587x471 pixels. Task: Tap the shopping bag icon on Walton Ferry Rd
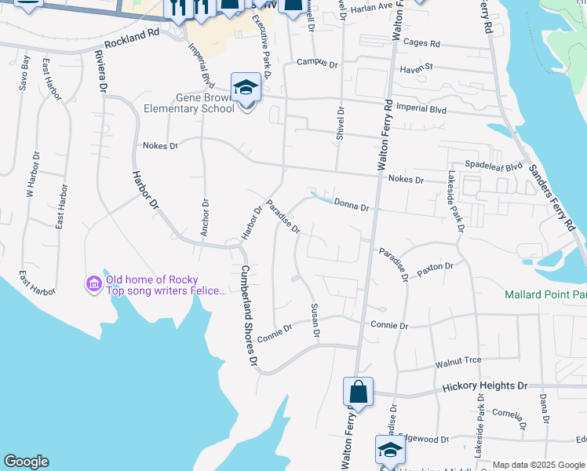click(357, 392)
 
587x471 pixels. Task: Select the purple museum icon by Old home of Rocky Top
click(93, 283)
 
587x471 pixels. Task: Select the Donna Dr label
click(351, 206)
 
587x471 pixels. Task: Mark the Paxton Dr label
click(436, 267)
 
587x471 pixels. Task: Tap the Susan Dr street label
click(315, 321)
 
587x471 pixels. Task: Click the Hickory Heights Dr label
click(485, 386)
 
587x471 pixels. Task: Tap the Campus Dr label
click(317, 62)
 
